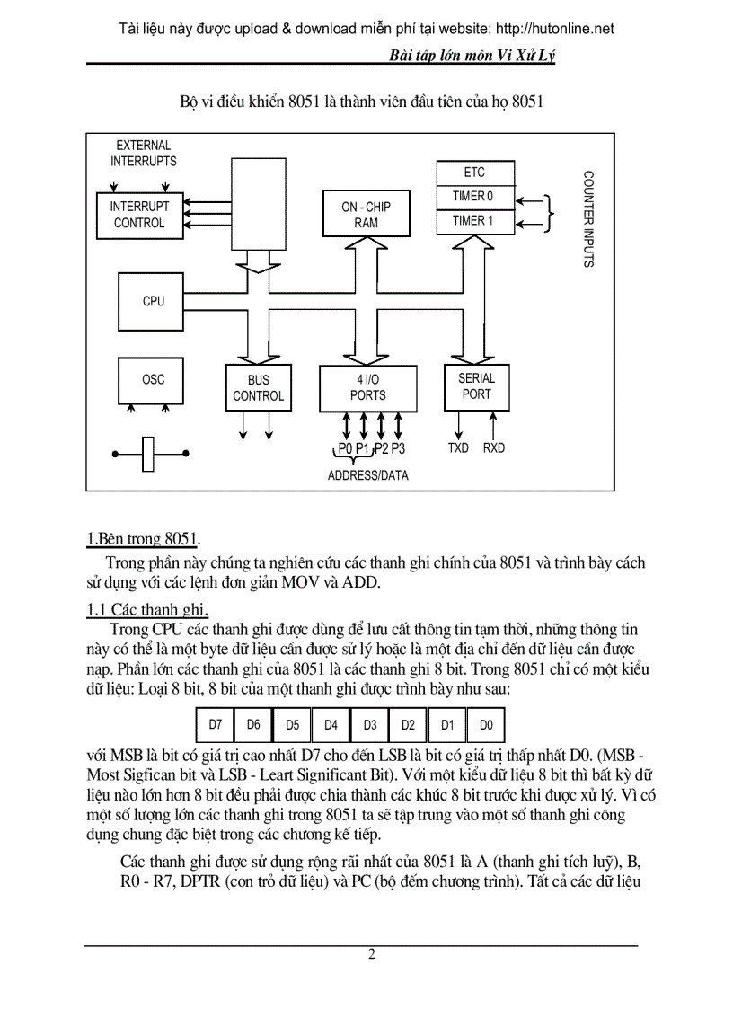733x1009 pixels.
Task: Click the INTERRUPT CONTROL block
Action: click(x=139, y=214)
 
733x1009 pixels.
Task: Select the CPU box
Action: click(x=154, y=301)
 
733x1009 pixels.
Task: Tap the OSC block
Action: click(x=154, y=380)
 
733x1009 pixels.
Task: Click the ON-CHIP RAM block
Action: click(x=366, y=214)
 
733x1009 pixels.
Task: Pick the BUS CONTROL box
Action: click(x=258, y=387)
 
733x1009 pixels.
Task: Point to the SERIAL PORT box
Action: click(x=477, y=385)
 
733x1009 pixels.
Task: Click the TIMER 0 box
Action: click(x=472, y=196)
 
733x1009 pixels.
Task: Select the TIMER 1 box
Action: click(x=472, y=220)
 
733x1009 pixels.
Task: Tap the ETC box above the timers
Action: click(x=473, y=173)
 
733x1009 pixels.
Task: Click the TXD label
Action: click(x=458, y=447)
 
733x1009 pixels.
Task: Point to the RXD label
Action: click(x=494, y=447)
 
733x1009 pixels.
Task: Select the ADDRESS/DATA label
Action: click(x=367, y=475)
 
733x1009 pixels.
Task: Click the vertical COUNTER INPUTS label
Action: click(x=588, y=220)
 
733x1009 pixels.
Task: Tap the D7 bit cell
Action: click(x=216, y=723)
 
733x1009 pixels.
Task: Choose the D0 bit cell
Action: click(x=485, y=723)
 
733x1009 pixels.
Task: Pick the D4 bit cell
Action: click(x=331, y=723)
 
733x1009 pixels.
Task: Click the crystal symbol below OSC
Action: click(x=150, y=455)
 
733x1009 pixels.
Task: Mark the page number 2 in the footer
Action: click(x=371, y=954)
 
